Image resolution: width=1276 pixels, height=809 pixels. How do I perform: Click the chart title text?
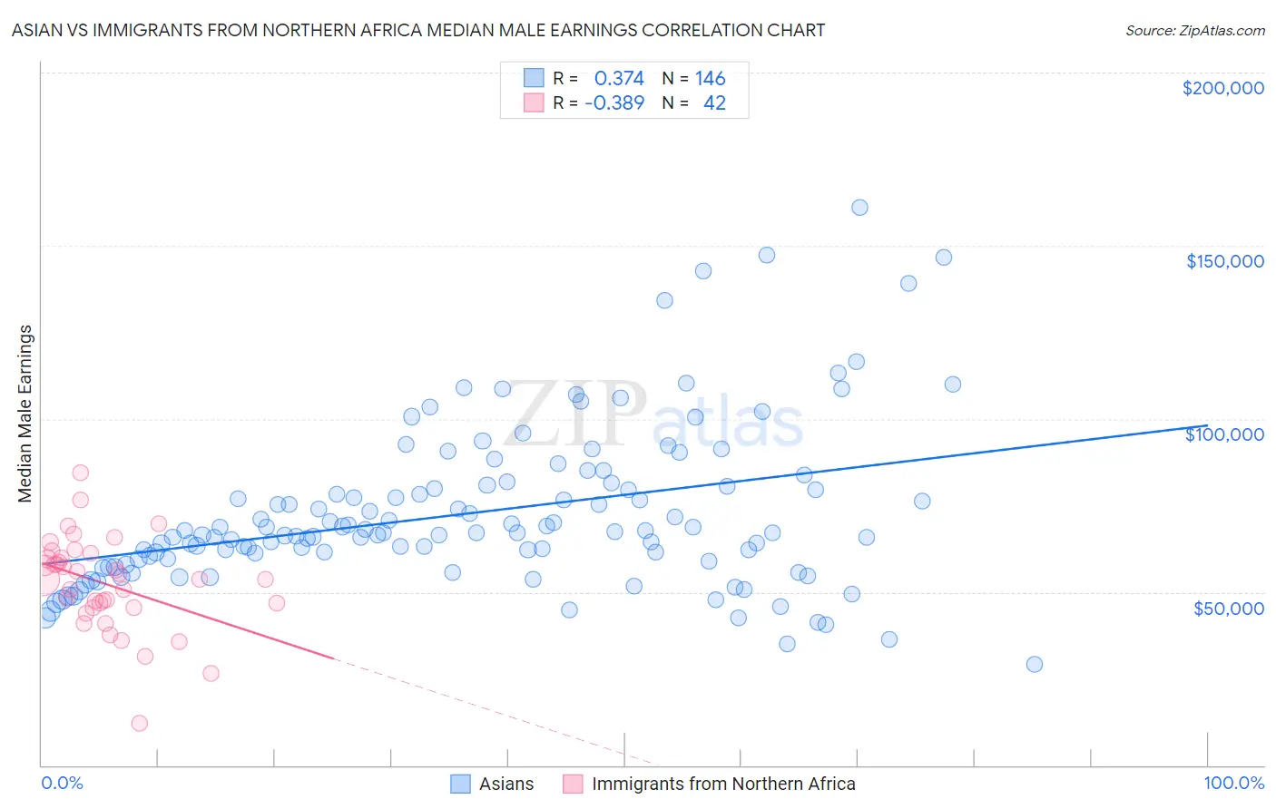pos(417,30)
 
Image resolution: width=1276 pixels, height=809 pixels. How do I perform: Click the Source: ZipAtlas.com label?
pos(1194,30)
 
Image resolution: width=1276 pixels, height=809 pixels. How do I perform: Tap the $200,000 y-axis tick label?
pos(1222,88)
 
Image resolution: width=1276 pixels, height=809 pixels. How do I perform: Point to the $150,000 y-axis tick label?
pos(1224,261)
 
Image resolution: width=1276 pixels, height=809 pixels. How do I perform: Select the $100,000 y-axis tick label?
pos(1224,434)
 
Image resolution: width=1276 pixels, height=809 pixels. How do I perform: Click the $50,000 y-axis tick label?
pos(1228,609)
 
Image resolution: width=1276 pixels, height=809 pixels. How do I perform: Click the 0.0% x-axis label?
pos(62,783)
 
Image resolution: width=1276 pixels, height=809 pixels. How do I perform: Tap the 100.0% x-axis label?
pos(1233,783)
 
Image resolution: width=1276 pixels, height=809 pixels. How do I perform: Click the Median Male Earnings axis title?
pos(25,413)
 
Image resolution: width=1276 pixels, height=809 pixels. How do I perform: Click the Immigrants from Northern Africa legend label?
pos(722,784)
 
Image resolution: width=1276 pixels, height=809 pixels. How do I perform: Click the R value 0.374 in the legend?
pos(619,79)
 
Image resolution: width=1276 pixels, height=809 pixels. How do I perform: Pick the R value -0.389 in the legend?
pos(614,103)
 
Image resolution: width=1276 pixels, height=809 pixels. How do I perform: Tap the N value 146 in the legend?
pos(711,79)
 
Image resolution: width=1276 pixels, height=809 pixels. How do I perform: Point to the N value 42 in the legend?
pos(714,103)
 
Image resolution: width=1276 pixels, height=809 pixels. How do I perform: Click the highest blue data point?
pos(859,208)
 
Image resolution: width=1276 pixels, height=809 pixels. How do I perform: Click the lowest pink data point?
pos(139,723)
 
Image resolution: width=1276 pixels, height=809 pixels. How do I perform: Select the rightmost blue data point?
pos(1034,664)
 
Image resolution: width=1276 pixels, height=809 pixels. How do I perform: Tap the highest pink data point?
pos(80,473)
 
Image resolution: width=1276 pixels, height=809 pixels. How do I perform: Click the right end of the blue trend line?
pos(1207,425)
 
